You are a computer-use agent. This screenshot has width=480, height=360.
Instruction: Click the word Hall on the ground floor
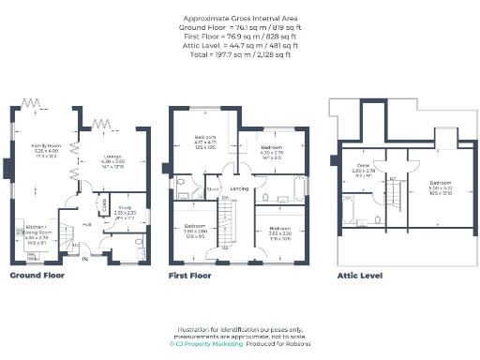coord(85,225)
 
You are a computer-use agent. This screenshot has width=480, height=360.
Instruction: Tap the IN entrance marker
coord(85,258)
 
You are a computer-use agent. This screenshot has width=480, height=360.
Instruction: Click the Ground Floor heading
coord(37,277)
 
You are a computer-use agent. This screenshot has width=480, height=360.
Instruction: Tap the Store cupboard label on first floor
coord(214,188)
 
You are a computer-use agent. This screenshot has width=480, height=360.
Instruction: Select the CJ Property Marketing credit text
coord(206,344)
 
